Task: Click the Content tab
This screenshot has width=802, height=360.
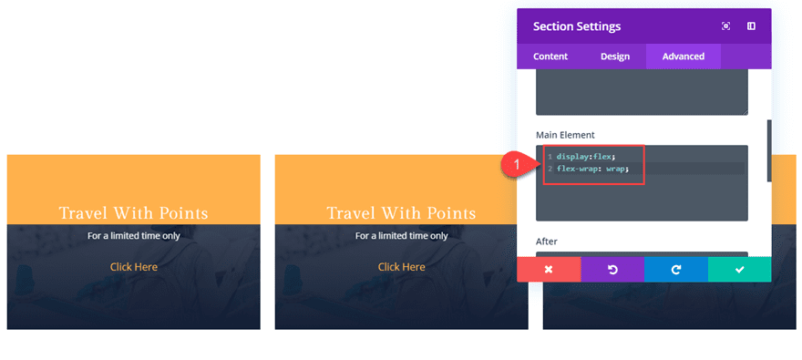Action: (550, 57)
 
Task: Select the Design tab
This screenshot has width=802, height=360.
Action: (615, 57)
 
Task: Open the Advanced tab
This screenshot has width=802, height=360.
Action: (684, 57)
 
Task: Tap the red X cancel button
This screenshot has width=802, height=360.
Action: (549, 270)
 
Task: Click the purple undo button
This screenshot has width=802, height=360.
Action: (612, 270)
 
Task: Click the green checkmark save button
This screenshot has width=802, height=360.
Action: (740, 270)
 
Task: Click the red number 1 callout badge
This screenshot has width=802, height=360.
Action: (517, 165)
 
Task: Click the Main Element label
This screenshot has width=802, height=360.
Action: (565, 135)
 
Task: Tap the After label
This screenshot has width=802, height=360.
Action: (548, 242)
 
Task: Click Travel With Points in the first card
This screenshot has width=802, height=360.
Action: (134, 213)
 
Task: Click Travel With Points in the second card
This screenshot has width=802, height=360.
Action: (402, 213)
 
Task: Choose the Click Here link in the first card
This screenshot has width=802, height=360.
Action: (134, 267)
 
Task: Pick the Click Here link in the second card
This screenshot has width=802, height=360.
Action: (402, 267)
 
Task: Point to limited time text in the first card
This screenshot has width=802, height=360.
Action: (134, 235)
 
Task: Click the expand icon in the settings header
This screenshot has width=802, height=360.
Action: (726, 26)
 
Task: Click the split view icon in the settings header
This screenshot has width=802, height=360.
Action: (752, 26)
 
